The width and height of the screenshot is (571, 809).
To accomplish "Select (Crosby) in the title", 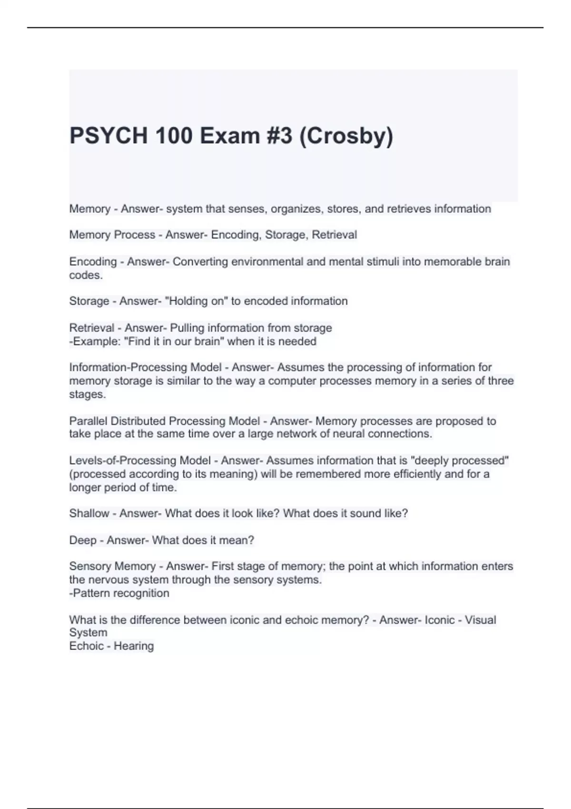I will tap(346, 136).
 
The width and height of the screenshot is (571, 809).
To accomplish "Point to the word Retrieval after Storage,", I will tap(334, 235).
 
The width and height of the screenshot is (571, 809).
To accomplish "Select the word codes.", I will tap(86, 275).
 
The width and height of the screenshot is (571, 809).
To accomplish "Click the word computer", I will tap(290, 381).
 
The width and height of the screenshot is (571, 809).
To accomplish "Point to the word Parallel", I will tap(89, 421).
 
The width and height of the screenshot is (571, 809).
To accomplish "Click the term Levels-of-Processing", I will tap(122, 461).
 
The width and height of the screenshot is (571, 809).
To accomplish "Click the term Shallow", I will tap(89, 513).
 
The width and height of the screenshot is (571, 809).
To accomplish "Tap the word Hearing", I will tap(133, 646).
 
